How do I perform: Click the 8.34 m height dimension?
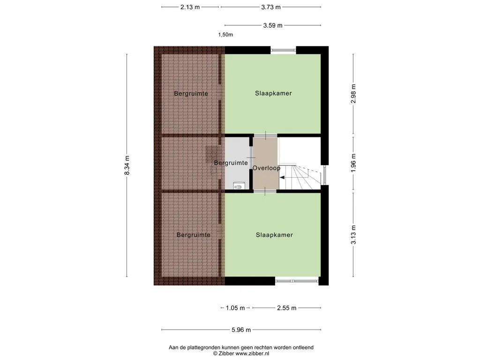pos(127,165)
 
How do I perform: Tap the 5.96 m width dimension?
pos(241,330)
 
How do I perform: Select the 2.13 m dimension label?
pos(190,7)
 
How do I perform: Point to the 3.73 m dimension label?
pos(271,7)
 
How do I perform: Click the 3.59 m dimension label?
pos(273,25)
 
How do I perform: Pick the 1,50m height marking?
pos(225,35)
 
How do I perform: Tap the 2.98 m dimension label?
pos(353,94)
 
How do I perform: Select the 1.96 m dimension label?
pos(353,162)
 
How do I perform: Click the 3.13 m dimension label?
pos(353,235)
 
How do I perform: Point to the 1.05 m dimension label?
pos(235,308)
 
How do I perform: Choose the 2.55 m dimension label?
pos(286,308)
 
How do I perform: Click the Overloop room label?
pos(266,168)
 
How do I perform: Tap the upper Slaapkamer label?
pos(273,93)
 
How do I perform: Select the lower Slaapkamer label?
pos(274,235)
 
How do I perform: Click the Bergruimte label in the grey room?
pos(231,163)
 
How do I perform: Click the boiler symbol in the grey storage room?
pos(238,186)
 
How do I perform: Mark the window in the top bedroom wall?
pos(283,50)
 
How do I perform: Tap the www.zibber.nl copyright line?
pos(241,353)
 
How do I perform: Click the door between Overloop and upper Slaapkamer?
pos(265,135)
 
